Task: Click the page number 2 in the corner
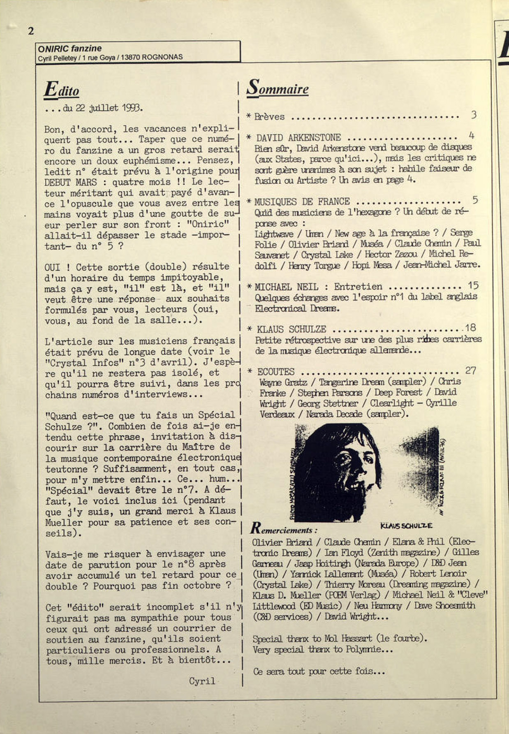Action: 31,31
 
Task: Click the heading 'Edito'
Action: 62,90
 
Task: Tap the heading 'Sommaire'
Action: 278,88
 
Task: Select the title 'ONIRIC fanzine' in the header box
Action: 70,49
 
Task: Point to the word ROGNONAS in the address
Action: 162,57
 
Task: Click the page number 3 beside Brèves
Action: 474,115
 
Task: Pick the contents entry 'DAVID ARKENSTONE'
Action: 298,138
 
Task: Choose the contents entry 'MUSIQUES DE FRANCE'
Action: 302,202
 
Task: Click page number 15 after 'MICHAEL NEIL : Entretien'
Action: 473,285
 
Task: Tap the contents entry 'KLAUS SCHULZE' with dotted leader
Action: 292,329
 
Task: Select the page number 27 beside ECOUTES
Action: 470,370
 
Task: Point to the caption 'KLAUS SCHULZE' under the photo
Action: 406,526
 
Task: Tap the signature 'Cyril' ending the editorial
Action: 202,681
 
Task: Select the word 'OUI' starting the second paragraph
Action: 53,267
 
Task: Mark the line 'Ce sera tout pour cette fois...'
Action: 319,671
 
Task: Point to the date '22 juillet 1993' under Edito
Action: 109,108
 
